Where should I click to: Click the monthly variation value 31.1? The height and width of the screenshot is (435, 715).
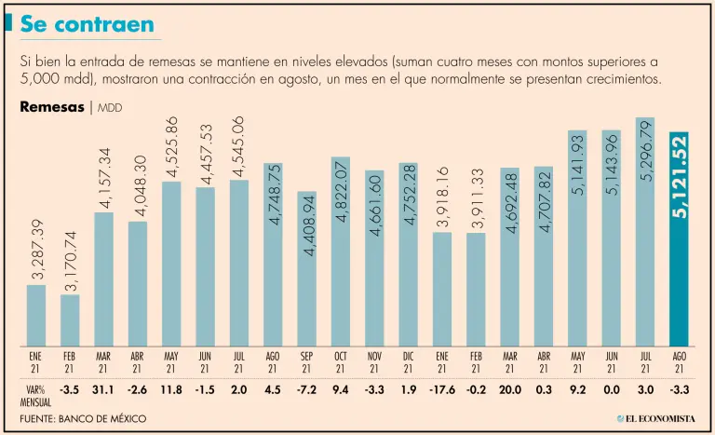click(103, 389)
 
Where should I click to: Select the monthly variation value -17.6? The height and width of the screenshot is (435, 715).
click(441, 389)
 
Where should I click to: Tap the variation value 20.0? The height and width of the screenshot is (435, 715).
click(509, 389)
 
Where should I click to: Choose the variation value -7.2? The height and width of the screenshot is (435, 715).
click(306, 389)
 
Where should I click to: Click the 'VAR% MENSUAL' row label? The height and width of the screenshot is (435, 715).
click(35, 395)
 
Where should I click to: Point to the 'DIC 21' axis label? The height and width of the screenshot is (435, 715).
click(408, 361)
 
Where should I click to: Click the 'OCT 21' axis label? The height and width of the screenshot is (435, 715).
click(340, 361)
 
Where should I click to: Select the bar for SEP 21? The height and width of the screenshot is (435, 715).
click(306, 269)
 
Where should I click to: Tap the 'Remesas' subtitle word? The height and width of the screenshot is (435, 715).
click(52, 107)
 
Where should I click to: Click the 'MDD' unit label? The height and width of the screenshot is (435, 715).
click(109, 108)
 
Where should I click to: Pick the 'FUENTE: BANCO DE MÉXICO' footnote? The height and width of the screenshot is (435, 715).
click(83, 419)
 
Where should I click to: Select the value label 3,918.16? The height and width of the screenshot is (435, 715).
click(441, 197)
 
